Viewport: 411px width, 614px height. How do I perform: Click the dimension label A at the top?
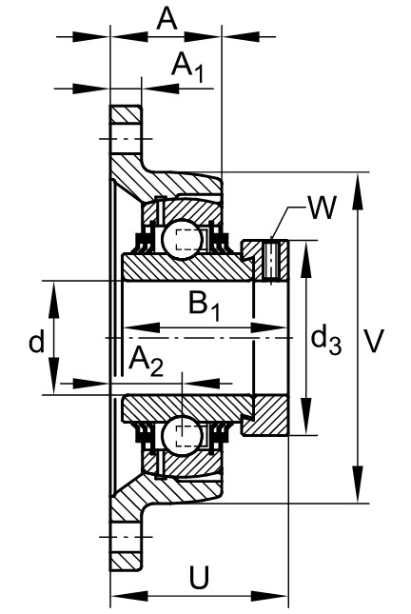click(166, 20)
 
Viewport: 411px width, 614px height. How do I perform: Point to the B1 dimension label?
click(204, 307)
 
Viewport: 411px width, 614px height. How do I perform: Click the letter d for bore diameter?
click(37, 342)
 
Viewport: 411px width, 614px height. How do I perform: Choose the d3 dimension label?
click(326, 341)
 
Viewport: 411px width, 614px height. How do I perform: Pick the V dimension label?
click(374, 342)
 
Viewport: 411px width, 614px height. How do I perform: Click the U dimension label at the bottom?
click(199, 577)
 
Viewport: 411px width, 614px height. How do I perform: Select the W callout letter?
click(323, 208)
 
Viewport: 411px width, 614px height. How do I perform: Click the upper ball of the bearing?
click(182, 239)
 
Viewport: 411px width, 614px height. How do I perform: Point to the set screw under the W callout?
click(271, 261)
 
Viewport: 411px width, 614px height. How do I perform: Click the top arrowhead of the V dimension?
click(358, 191)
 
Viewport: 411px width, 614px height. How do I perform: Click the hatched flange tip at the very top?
click(126, 114)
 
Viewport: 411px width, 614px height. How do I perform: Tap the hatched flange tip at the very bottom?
click(126, 562)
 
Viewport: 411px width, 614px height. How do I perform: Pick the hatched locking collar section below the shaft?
click(266, 416)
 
